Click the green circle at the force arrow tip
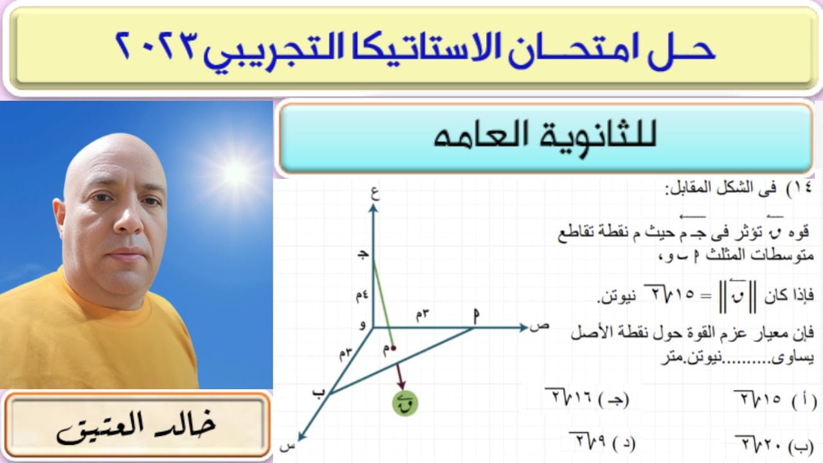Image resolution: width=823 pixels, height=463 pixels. point(405,403)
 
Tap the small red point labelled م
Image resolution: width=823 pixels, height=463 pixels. point(393,347)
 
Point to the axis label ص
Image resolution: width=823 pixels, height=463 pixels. point(539,326)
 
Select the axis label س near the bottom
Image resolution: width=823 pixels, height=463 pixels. point(287,447)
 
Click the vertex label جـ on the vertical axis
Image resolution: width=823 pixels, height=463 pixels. point(363,255)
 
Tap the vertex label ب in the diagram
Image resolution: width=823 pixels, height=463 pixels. point(319,392)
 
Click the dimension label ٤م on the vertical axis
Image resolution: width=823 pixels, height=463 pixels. point(362,295)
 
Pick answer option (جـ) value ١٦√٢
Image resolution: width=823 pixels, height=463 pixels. point(587,397)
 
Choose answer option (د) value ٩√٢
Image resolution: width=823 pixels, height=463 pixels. point(602,441)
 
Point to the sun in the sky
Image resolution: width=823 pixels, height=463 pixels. point(235,173)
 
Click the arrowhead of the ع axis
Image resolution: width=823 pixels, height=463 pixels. point(374,209)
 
